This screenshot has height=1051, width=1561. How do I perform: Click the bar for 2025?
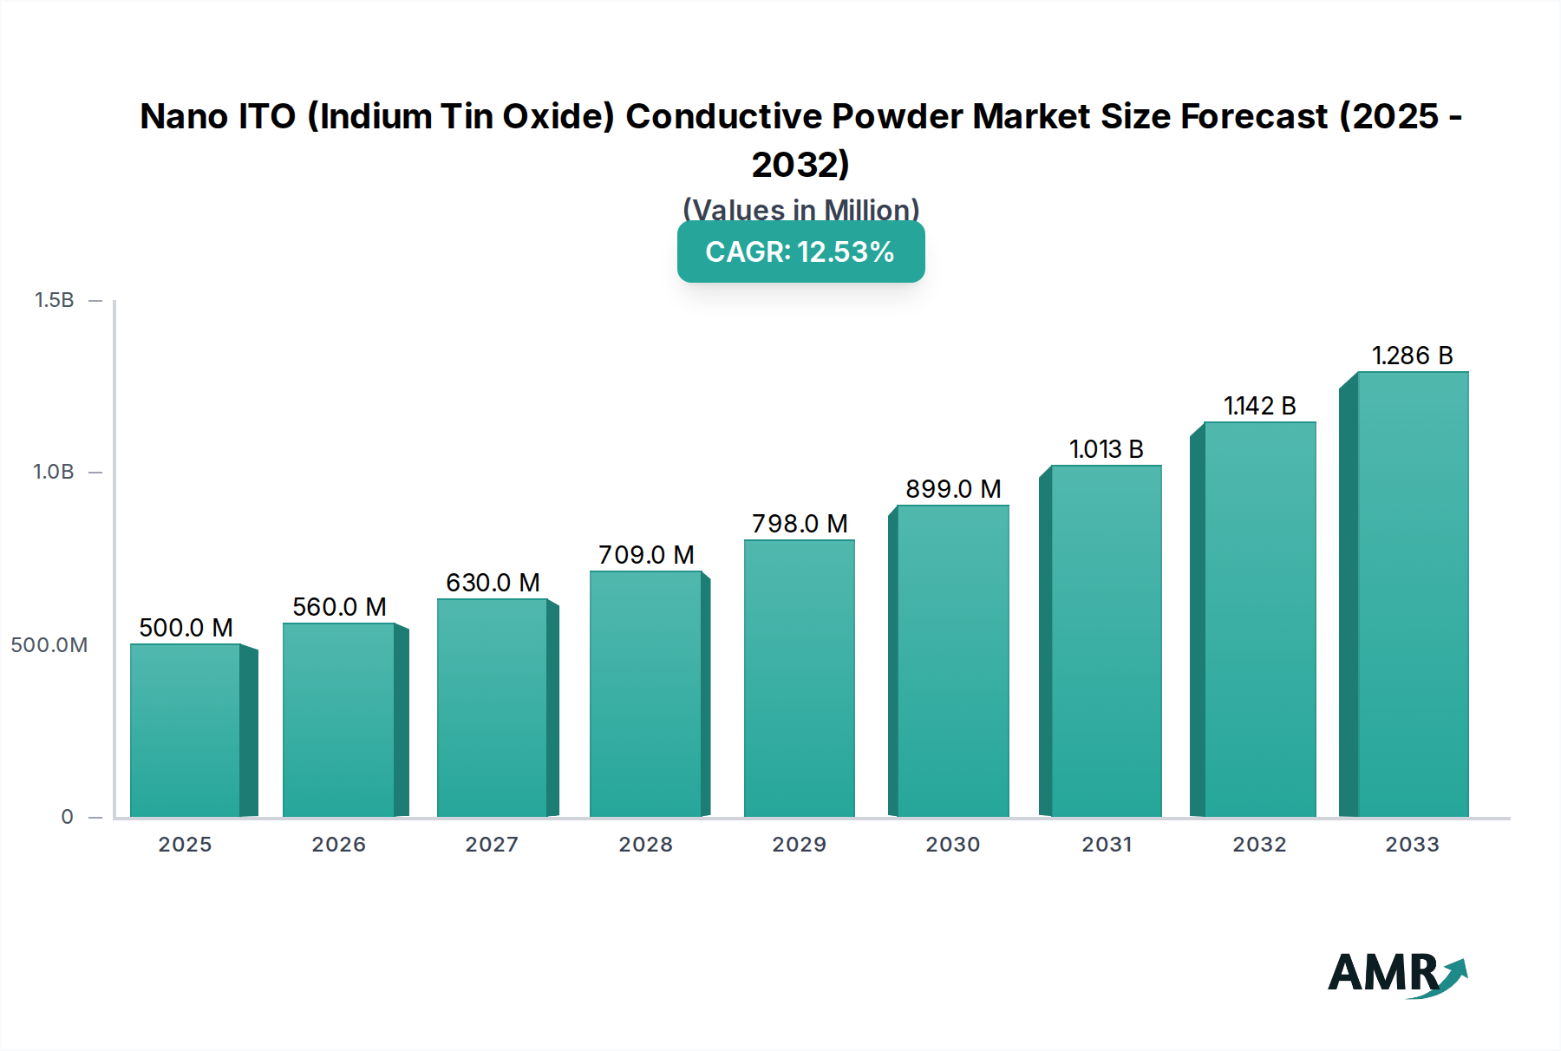185,730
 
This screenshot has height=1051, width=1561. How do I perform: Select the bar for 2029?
799,678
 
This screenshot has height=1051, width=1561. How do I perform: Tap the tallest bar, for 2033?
1412,594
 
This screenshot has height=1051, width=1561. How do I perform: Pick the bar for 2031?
1106,641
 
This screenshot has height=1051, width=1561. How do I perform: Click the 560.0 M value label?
339,607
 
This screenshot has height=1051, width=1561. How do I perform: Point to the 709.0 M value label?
646,555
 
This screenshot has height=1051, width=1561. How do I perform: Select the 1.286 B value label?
1412,356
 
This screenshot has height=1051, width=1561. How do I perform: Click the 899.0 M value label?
953,489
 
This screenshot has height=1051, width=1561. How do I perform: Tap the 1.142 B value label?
1259,406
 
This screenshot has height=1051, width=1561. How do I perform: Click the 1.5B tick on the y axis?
54,300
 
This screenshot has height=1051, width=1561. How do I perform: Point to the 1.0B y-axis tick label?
54,472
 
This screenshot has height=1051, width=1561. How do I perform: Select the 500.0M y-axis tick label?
49,645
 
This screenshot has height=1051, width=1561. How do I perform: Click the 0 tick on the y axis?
67,817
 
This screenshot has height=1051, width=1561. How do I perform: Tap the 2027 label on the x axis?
492,845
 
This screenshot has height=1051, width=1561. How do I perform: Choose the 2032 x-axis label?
1259,845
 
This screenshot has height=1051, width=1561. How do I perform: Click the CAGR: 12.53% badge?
800,252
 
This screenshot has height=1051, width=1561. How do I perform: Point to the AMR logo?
1396,975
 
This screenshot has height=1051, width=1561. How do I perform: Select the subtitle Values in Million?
800,210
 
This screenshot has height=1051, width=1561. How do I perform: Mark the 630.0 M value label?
493,583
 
